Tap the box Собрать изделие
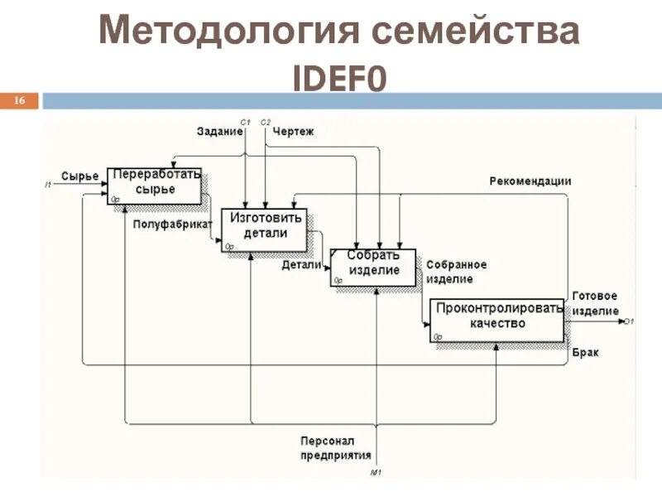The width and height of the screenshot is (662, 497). (x=374, y=266)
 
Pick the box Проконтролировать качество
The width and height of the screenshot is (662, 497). (x=497, y=317)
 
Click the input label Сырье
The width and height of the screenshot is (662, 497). (x=79, y=176)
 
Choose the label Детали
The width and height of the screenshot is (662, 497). (x=301, y=265)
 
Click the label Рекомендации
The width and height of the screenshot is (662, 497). (x=530, y=181)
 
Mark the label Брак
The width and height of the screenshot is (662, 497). (x=585, y=352)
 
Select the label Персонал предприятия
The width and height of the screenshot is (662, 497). (x=336, y=447)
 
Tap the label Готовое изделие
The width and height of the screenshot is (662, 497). (x=594, y=303)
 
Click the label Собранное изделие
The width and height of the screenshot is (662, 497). (x=456, y=271)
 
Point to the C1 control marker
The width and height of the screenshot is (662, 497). (x=246, y=122)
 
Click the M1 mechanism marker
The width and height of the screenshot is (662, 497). (x=377, y=472)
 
